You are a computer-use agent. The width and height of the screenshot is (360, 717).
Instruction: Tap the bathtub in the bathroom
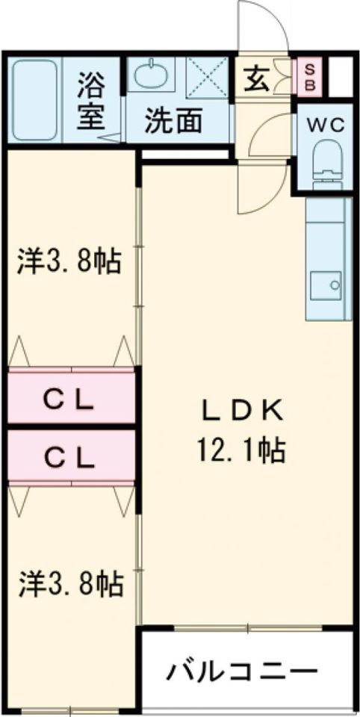35,100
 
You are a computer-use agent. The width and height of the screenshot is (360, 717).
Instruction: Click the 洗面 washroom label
174,122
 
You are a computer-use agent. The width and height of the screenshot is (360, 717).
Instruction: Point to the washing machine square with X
207,77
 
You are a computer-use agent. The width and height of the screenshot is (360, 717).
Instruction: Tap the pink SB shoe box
310,77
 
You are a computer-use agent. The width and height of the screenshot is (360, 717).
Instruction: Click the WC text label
325,125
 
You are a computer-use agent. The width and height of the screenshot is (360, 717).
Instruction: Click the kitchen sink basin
326,286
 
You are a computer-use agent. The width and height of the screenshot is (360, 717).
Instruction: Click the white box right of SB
341,77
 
